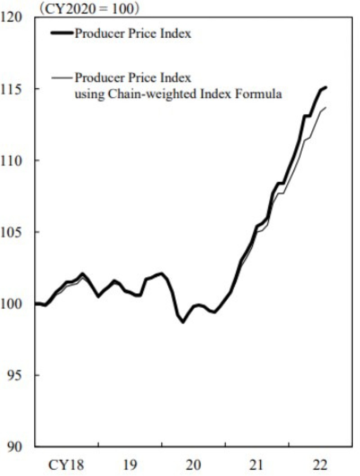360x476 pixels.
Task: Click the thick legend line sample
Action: tap(62, 34)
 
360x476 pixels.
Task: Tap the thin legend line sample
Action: tap(62, 78)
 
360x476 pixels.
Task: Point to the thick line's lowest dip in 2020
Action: tap(183, 322)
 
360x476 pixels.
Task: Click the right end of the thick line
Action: tap(326, 87)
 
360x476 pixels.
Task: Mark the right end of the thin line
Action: tap(326, 107)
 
